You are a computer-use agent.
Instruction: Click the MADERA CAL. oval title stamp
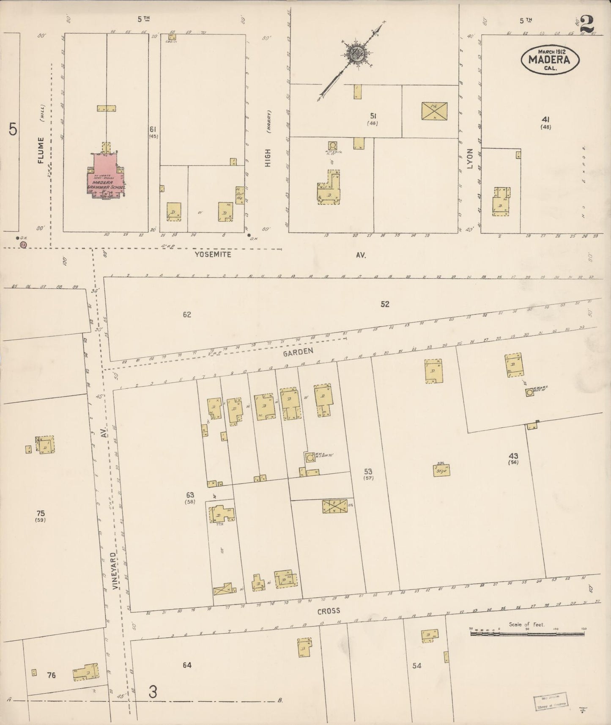click(550, 59)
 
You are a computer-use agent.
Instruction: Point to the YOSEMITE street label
click(213, 255)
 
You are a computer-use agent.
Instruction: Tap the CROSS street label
click(329, 611)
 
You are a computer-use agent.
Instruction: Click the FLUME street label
click(41, 150)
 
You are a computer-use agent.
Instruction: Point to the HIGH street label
click(268, 157)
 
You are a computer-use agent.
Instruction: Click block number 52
click(384, 304)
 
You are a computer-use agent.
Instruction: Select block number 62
click(187, 315)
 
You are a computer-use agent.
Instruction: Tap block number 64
click(187, 665)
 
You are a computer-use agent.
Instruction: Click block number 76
click(51, 676)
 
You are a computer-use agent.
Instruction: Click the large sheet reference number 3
click(153, 692)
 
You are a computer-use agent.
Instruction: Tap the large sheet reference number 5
click(13, 129)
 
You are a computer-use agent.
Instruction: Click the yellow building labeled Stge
click(441, 470)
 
